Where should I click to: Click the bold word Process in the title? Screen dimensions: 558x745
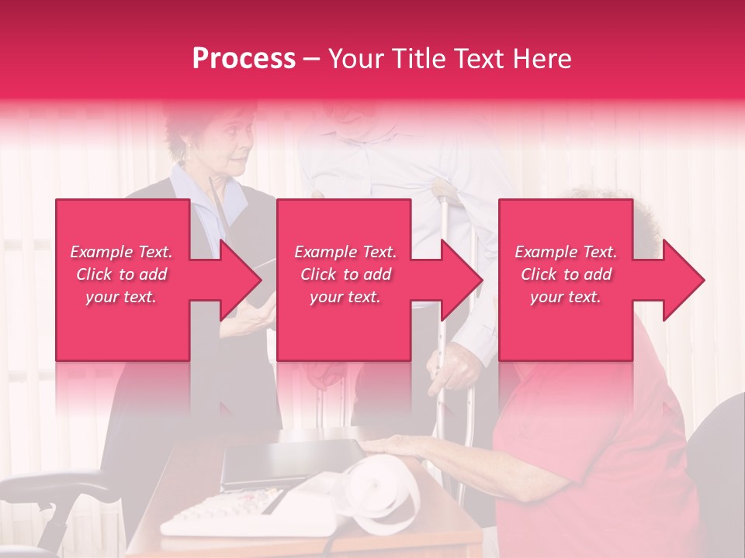(x=244, y=59)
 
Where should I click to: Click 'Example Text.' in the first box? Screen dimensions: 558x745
(x=122, y=252)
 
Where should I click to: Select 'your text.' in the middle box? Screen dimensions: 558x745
(x=345, y=297)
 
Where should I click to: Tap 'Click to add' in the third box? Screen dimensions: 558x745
(x=567, y=274)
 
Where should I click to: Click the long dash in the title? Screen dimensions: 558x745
(x=312, y=60)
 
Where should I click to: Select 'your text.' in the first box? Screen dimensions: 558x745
(x=122, y=297)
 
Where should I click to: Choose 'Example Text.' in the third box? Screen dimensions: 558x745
(x=567, y=252)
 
